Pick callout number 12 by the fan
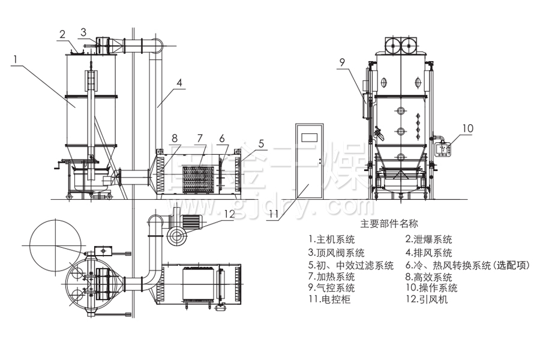[230, 213]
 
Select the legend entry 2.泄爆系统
[429, 239]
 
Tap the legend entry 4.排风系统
[428, 253]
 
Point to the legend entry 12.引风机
[427, 299]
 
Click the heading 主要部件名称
[388, 224]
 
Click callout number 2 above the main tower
[62, 34]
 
